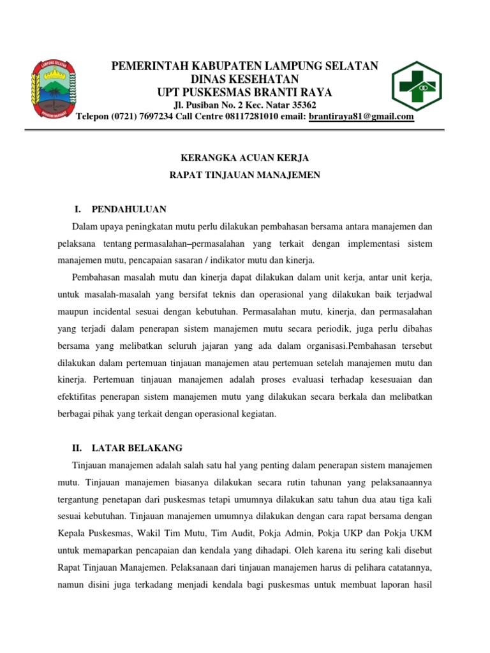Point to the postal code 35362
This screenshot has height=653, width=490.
[302, 105]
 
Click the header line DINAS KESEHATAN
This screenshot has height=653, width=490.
[245, 79]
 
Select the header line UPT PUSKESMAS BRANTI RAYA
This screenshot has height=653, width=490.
[245, 92]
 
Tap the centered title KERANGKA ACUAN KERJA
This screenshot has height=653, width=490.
[244, 157]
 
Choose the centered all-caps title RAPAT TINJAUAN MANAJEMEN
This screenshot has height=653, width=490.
[244, 174]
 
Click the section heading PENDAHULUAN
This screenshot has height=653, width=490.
[129, 209]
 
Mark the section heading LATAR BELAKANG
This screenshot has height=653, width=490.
[137, 448]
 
